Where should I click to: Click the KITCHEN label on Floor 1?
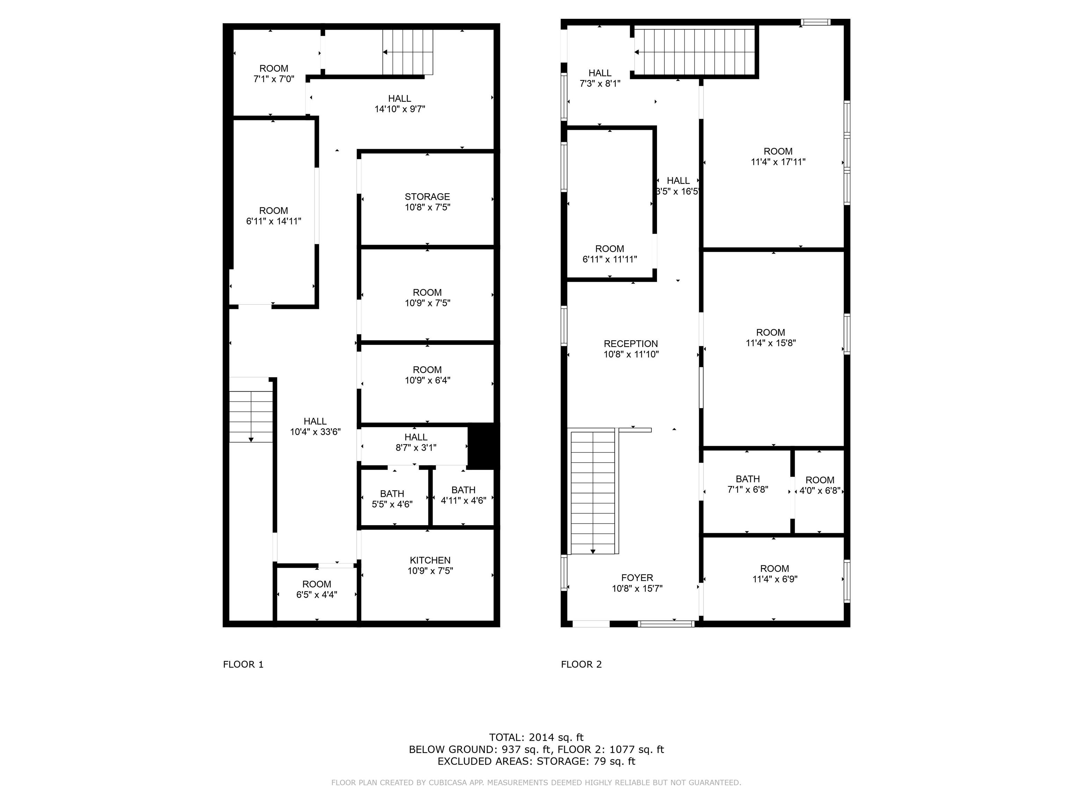click(430, 560)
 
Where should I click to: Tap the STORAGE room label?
click(427, 196)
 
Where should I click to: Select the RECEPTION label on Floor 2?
click(630, 343)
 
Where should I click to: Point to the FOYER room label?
click(637, 578)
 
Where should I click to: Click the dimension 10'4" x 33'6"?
click(315, 432)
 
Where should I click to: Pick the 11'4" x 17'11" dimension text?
click(778, 162)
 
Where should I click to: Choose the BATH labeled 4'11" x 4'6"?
click(463, 495)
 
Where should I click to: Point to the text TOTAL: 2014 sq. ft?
click(536, 738)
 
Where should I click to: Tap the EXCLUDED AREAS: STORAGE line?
click(536, 761)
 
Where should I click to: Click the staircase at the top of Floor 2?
click(695, 52)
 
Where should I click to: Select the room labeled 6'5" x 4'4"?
click(317, 589)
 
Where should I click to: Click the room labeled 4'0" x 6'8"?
click(819, 485)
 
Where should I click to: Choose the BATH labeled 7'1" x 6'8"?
click(747, 484)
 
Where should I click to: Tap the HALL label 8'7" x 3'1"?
click(416, 442)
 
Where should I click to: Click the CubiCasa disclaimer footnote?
click(536, 782)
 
